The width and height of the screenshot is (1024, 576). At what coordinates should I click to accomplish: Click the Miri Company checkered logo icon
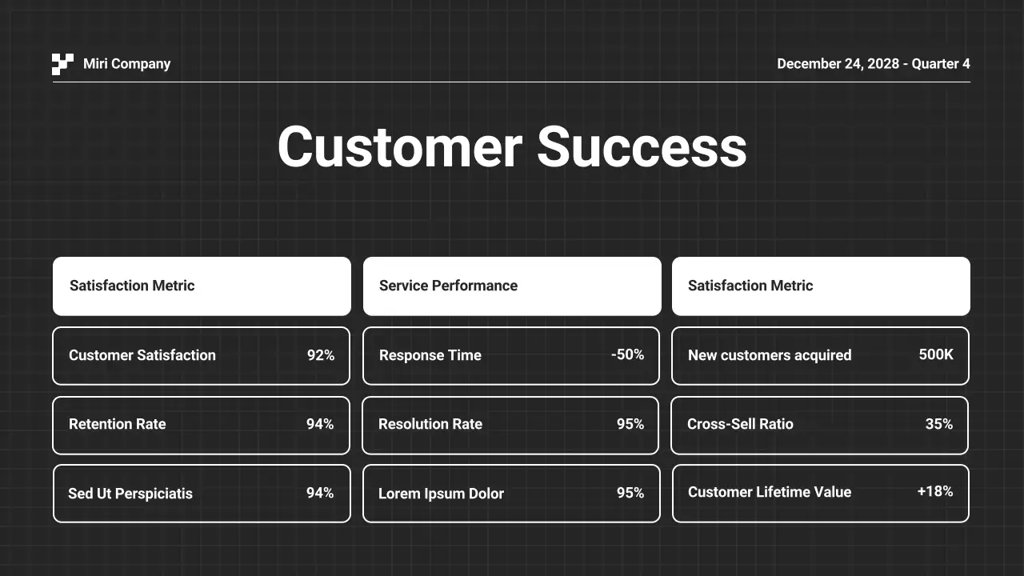coord(62,64)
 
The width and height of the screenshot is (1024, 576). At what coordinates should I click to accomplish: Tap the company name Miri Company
coord(126,64)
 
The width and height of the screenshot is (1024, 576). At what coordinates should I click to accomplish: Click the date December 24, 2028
coord(838,64)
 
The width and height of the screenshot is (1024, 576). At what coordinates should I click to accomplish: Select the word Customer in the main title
coord(399,147)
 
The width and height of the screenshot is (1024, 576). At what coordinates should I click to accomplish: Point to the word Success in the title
coord(642,147)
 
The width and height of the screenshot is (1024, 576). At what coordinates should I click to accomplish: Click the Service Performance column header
coord(448,286)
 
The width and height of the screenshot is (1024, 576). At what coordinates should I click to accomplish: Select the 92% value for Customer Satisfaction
coord(321,355)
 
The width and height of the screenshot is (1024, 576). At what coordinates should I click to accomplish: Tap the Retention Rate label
coord(117,424)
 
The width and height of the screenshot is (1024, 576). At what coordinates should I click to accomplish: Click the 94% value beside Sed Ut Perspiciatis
coord(320,493)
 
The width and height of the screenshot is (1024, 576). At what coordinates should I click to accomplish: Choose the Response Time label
coord(430,355)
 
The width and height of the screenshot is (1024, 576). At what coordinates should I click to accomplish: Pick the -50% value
coord(627,354)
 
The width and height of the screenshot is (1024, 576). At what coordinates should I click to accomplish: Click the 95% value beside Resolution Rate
coord(630,424)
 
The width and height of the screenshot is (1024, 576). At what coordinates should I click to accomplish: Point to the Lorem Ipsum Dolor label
coord(441,494)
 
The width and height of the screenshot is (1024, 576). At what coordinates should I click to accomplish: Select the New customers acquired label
coord(769,355)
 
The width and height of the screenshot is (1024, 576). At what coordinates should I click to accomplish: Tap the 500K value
coord(936,354)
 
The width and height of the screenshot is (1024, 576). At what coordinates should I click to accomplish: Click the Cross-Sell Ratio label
coord(740,424)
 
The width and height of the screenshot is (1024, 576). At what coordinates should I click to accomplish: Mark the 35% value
coord(939,424)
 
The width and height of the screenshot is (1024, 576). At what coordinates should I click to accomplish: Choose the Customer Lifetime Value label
coord(769,492)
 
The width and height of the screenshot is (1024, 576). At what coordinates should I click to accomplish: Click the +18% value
coord(935,491)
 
